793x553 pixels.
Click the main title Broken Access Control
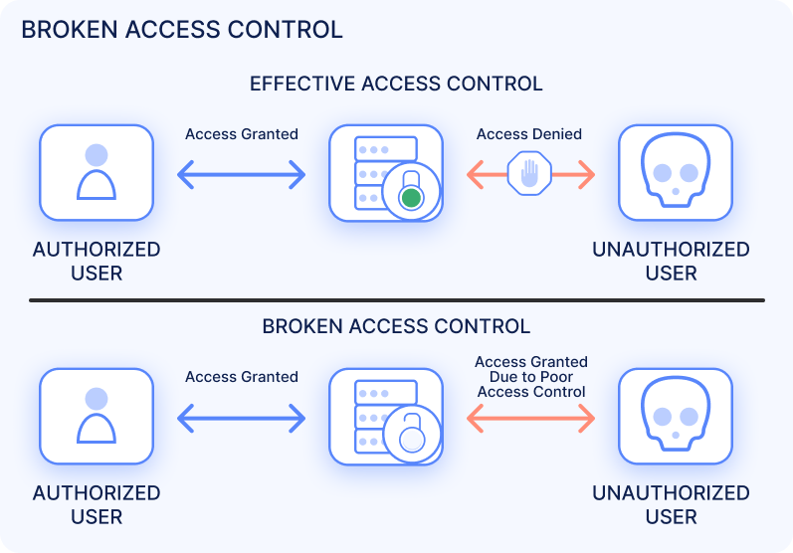click(x=182, y=29)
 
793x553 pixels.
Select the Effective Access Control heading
click(x=396, y=84)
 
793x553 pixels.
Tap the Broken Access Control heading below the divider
click(x=396, y=326)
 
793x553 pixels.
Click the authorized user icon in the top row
click(x=96, y=172)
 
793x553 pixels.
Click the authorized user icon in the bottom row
click(x=96, y=416)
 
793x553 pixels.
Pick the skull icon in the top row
click(x=675, y=172)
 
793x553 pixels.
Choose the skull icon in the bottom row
click(x=675, y=416)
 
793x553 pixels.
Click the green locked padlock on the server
click(x=410, y=197)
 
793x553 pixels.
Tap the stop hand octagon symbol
click(x=529, y=175)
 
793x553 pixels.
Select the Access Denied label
click(x=529, y=134)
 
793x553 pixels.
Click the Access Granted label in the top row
click(x=242, y=134)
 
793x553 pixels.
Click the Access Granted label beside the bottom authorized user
click(x=242, y=377)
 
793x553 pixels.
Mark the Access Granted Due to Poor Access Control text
click(x=531, y=377)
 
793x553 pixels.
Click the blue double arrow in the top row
click(x=242, y=176)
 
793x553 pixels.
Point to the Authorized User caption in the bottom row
click(x=97, y=504)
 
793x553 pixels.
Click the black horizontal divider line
click(x=396, y=299)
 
